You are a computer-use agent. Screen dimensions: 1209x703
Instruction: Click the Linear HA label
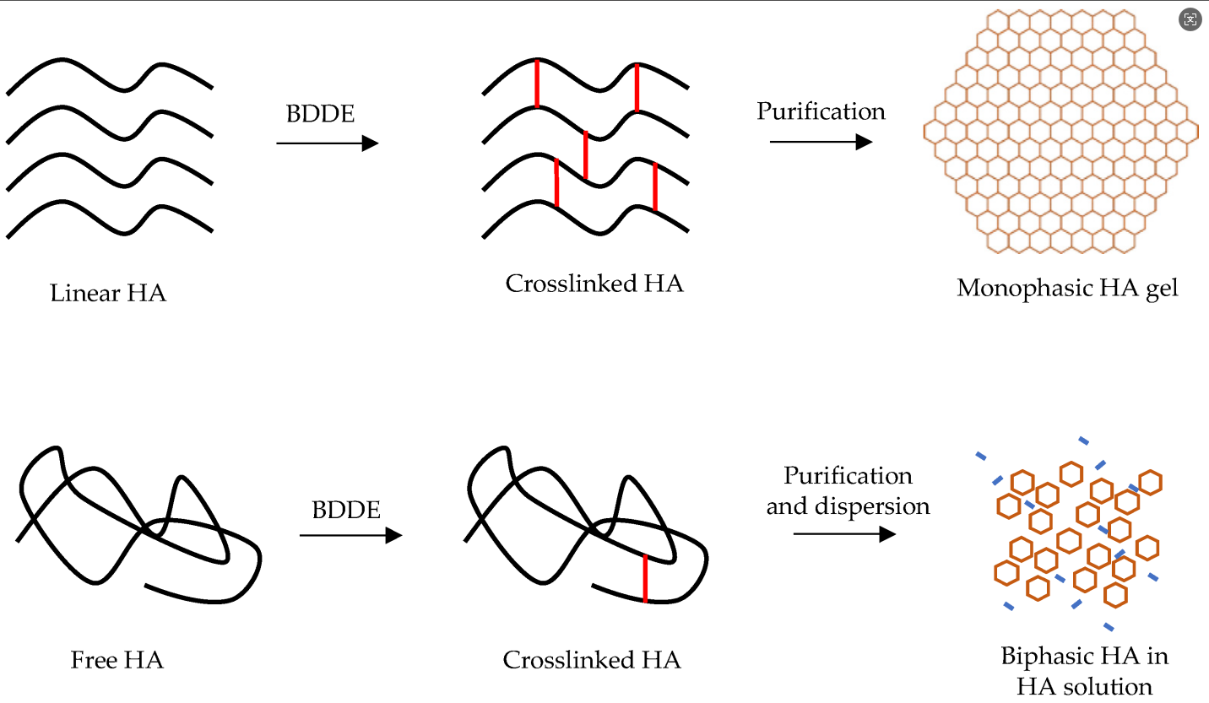[108, 293]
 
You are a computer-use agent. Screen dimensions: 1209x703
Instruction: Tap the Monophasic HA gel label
[1067, 289]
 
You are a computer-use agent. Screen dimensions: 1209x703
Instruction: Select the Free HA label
[117, 660]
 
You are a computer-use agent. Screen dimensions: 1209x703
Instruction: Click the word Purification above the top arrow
[821, 111]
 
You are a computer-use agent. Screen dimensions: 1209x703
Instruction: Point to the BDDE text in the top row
[320, 114]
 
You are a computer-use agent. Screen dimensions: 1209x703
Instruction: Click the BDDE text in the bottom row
[346, 510]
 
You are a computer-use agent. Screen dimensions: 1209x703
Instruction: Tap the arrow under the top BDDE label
[328, 143]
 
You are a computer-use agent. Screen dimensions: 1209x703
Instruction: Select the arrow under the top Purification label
[821, 142]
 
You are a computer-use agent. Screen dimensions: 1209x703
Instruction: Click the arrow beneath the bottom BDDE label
[351, 535]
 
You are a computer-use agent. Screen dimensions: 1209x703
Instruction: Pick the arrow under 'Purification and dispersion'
[844, 534]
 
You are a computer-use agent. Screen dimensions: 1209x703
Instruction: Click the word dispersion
[872, 506]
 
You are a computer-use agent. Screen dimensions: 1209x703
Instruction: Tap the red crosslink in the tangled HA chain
[645, 578]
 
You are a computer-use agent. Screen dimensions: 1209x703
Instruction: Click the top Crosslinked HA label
[594, 284]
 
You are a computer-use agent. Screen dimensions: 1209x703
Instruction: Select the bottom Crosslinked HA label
[592, 660]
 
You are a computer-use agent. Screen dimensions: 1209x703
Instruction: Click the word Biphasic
[1045, 657]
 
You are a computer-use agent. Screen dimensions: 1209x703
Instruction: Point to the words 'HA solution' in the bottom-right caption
[1084, 687]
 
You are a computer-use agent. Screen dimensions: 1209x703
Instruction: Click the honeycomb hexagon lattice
[1061, 132]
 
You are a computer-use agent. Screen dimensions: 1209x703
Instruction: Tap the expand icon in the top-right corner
[1190, 19]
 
